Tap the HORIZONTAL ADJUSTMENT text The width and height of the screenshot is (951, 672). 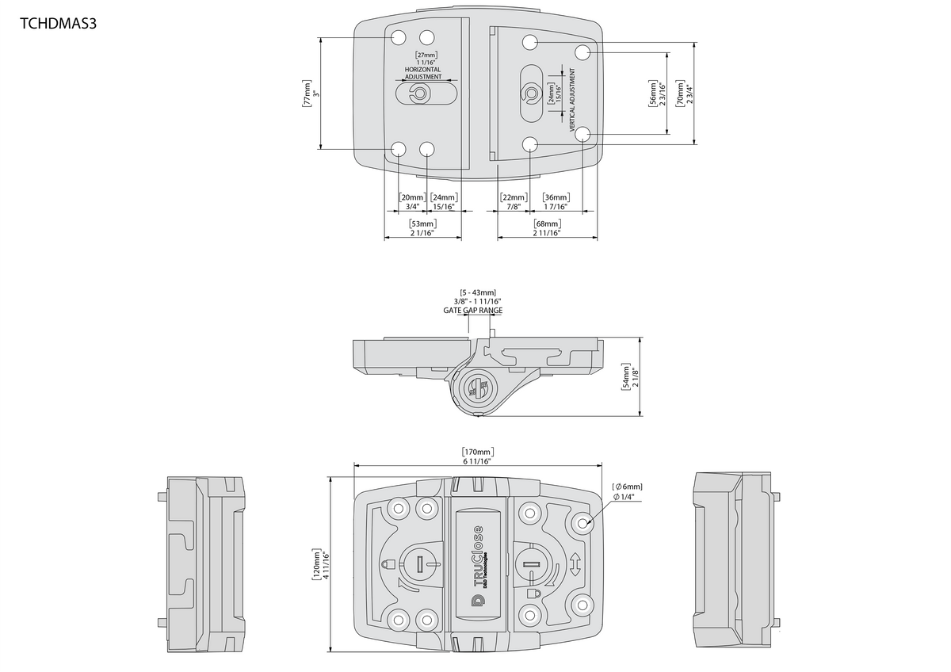coord(422,73)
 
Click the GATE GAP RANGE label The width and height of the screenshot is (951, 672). coord(472,311)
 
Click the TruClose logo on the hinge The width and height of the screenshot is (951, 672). coord(478,563)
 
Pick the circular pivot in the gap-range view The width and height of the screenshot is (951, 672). coord(478,388)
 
